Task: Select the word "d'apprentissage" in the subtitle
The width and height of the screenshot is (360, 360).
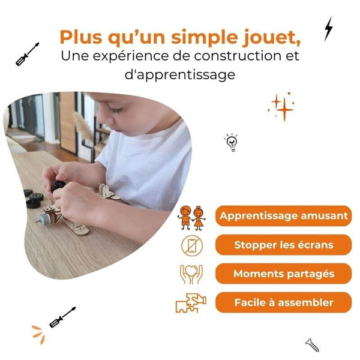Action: (180, 75)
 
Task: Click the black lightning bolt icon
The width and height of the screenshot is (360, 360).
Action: (328, 28)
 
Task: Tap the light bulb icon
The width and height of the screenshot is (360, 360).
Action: (231, 142)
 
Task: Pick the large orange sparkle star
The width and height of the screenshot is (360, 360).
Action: (284, 110)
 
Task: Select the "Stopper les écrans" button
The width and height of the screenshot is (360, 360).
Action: (283, 245)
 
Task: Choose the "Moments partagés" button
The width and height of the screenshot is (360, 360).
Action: (283, 274)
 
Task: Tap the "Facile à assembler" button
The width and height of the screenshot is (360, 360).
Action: (283, 302)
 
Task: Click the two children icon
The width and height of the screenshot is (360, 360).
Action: (191, 217)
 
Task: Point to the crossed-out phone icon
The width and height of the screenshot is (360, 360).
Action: (192, 245)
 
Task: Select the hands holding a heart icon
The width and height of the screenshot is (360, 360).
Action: (191, 274)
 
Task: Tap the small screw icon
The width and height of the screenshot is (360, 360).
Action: (311, 344)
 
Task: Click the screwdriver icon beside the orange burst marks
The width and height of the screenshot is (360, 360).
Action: (62, 317)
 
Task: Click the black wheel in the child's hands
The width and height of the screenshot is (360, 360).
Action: (58, 186)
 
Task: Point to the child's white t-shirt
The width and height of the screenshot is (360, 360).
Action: (150, 162)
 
